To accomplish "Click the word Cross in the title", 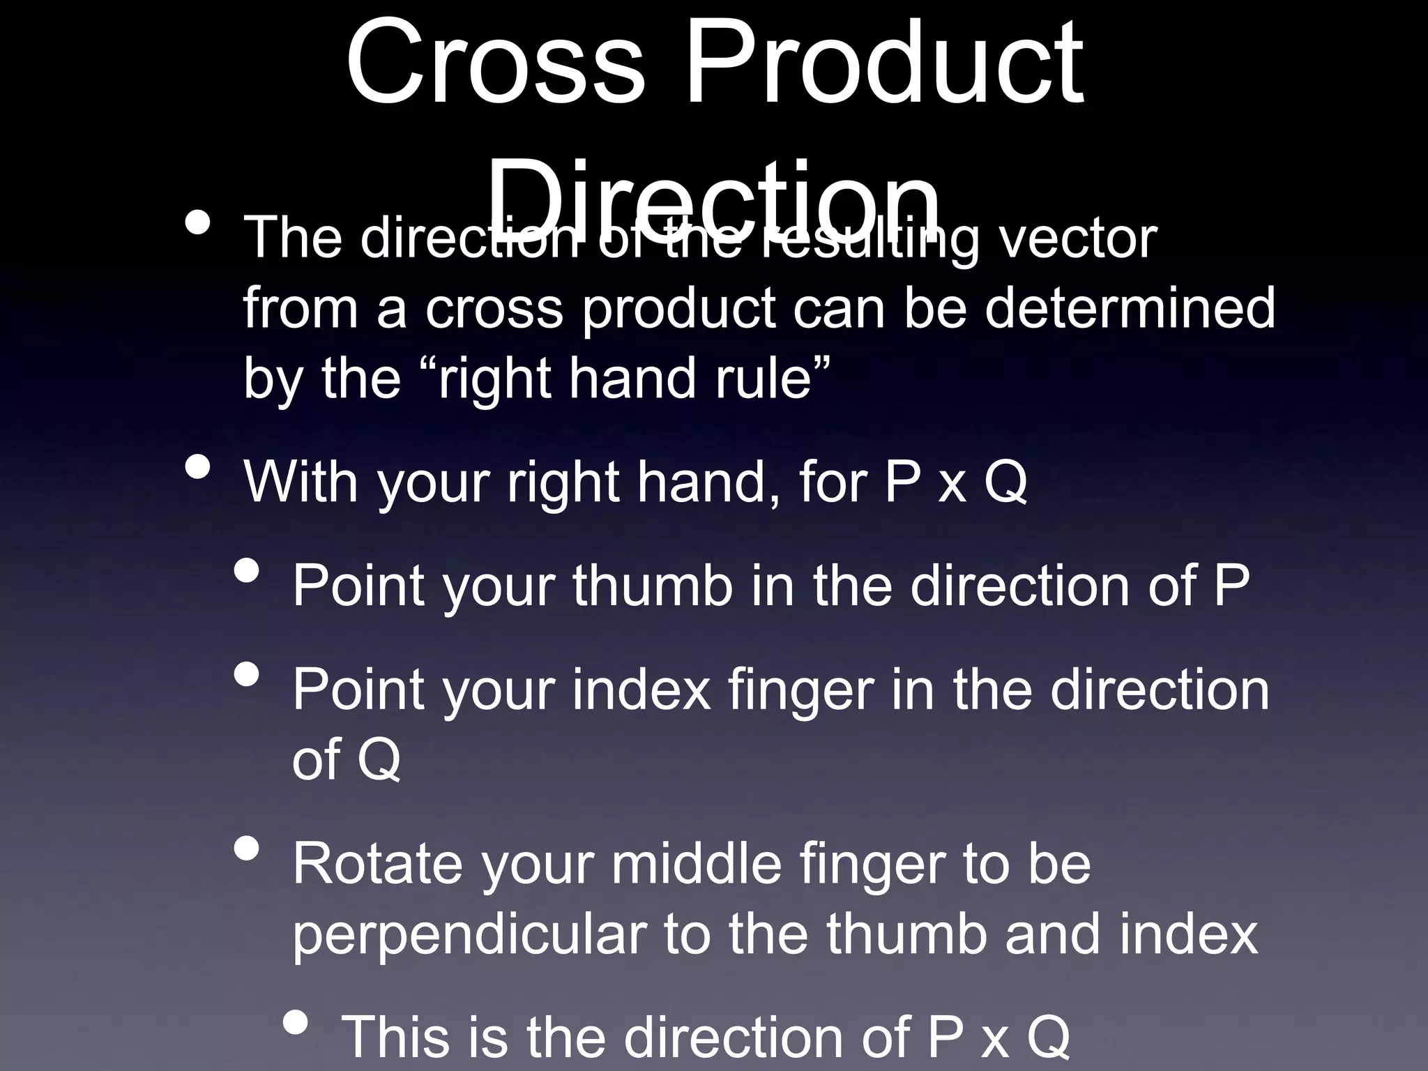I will click(496, 64).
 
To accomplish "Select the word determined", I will click(1130, 308).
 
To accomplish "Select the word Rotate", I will click(377, 865).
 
